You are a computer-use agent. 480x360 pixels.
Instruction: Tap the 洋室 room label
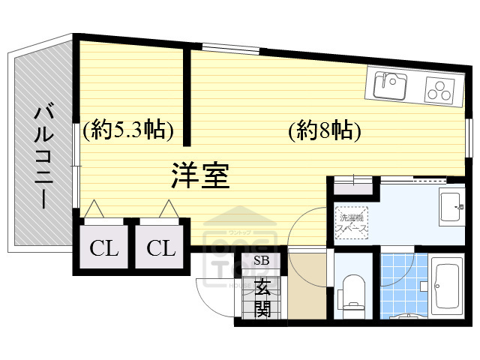199,175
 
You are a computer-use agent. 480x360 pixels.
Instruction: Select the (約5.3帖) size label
129,131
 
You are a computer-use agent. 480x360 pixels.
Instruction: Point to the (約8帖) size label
325,131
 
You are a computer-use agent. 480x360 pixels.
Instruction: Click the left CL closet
104,248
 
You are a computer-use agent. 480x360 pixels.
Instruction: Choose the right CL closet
160,248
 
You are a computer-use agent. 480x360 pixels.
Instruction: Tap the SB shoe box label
261,261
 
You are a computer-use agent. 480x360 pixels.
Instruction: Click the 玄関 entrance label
262,297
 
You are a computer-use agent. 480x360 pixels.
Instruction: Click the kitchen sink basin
387,84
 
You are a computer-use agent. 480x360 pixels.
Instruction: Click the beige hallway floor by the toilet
307,289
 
